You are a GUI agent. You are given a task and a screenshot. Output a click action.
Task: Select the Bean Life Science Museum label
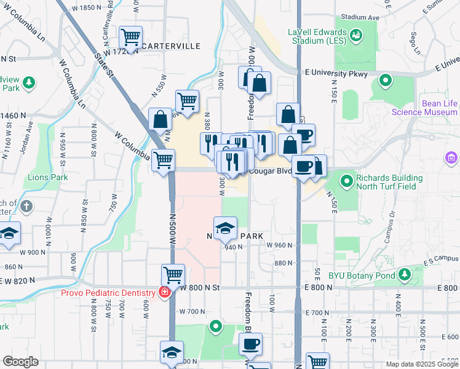[x=424, y=108]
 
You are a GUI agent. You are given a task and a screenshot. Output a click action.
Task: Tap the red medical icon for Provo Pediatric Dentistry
[x=164, y=292]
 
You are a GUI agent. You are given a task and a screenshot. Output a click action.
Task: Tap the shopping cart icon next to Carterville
[x=130, y=38]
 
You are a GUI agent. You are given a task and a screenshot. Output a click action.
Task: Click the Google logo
[x=21, y=362]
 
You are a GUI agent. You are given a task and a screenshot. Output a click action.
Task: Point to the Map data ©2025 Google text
[x=421, y=364]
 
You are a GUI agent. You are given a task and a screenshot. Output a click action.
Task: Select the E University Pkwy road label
[x=336, y=74]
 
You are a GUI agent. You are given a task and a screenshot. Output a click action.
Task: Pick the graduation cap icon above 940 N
[x=226, y=228]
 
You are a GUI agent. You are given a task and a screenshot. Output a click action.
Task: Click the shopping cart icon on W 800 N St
[x=173, y=275]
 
